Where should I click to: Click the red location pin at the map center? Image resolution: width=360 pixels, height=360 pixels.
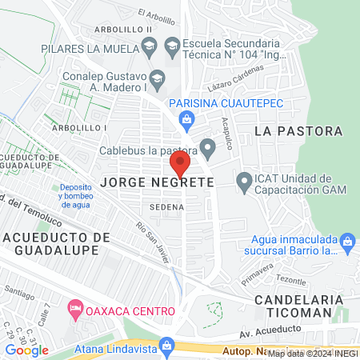180,166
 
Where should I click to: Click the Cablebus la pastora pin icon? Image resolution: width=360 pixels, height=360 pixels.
208,147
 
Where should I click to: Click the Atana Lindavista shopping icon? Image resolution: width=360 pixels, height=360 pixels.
166,345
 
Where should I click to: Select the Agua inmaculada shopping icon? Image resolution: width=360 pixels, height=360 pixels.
347,240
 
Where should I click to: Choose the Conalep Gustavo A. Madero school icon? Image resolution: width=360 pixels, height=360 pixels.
157,78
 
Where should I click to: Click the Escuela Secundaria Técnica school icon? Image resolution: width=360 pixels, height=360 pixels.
171,44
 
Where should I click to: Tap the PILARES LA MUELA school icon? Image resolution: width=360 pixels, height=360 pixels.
149,50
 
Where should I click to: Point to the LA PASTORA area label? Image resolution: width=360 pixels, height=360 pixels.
298,130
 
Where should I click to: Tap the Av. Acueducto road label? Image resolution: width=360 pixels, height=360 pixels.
274,330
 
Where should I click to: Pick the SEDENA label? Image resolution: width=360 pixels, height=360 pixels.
171,207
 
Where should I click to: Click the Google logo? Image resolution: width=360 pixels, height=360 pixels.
27,350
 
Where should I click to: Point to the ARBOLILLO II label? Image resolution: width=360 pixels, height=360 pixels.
125,30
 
